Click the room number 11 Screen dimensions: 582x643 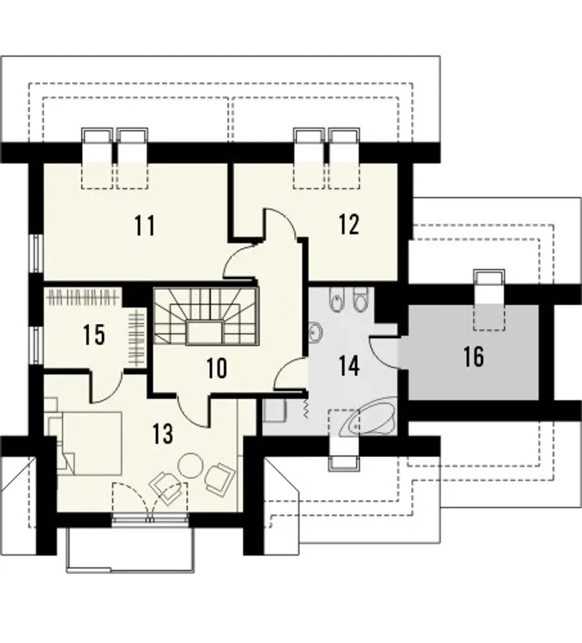145,226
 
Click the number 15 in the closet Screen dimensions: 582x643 94,334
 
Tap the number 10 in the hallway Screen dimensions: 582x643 216,368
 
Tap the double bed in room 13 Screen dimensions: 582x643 91,443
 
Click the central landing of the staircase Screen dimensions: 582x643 205,332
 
